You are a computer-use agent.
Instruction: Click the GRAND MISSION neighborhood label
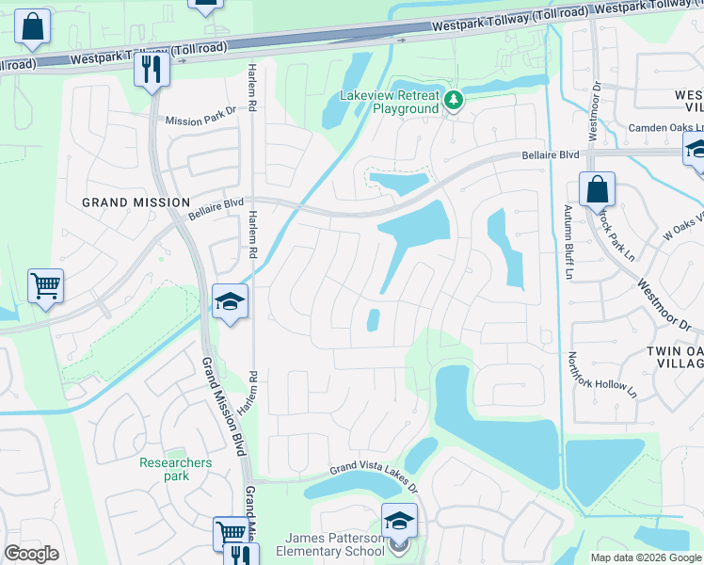(136, 202)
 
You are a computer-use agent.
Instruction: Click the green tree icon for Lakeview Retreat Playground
(454, 100)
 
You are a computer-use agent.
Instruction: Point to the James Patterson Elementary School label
(332, 544)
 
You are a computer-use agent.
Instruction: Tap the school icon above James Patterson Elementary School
(399, 520)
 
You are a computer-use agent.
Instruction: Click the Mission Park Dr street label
(200, 121)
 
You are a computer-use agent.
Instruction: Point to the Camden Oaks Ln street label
(648, 127)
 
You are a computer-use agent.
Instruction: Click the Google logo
(31, 554)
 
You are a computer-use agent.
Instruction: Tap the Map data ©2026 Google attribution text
(647, 557)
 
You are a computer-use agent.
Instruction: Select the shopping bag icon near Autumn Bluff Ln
(597, 190)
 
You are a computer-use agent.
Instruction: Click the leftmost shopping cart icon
(46, 284)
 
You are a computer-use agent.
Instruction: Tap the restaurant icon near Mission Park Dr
(151, 69)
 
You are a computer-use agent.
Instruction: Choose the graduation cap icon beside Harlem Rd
(229, 301)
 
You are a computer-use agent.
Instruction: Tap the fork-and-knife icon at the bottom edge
(242, 556)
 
